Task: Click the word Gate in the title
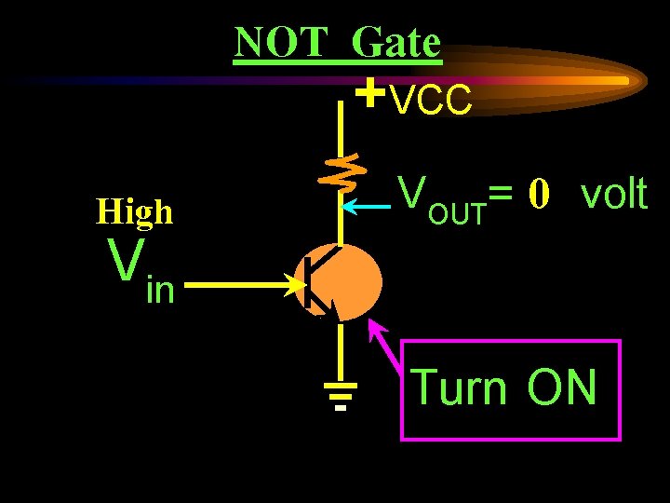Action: click(x=397, y=43)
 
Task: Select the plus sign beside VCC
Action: click(x=370, y=93)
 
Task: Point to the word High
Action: click(x=135, y=212)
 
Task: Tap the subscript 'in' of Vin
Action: click(x=160, y=292)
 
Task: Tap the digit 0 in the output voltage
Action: click(x=541, y=194)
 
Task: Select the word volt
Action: click(x=613, y=194)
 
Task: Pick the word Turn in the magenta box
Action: click(x=459, y=387)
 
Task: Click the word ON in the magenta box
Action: click(x=561, y=387)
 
